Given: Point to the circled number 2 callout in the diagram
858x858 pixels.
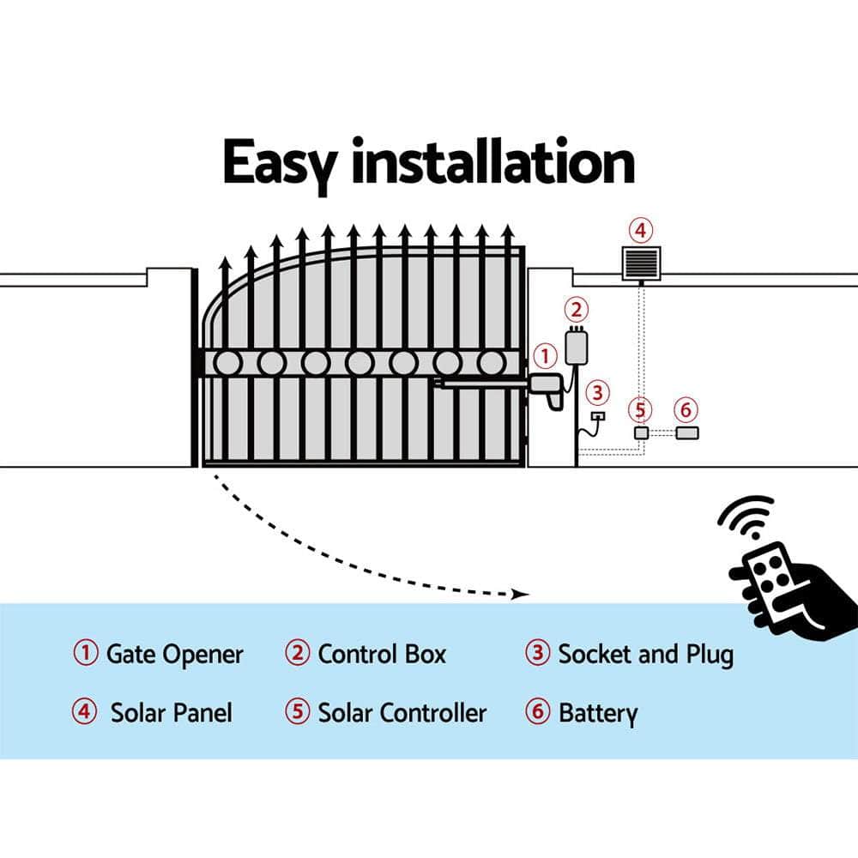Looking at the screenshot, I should click(577, 310).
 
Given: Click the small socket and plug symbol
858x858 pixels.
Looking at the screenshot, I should click(598, 417).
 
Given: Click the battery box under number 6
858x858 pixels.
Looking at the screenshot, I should click(687, 433).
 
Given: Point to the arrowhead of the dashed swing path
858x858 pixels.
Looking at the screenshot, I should click(517, 594).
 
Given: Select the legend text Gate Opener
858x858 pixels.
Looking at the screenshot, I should click(174, 655).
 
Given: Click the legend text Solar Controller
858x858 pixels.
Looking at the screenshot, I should click(402, 713).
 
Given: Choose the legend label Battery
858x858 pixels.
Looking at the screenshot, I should click(598, 713).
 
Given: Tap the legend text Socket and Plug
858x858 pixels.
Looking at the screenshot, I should click(645, 655).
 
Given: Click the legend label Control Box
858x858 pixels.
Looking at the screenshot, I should click(382, 655).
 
